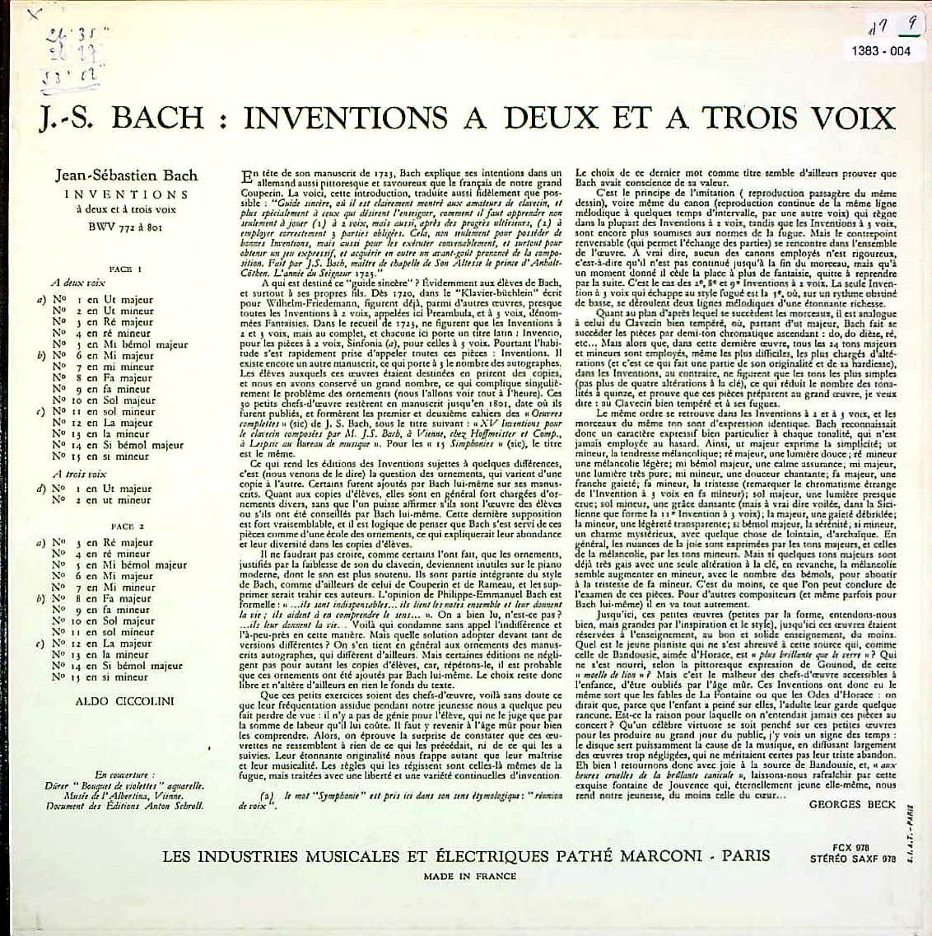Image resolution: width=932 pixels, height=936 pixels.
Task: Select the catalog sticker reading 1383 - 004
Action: pos(888,51)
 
